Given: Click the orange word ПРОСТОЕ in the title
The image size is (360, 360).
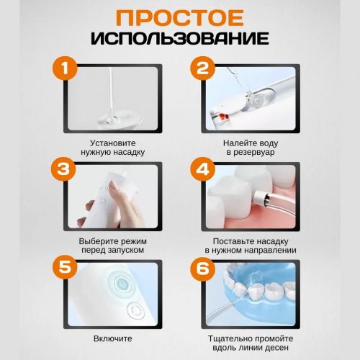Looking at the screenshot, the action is [x=180, y=18].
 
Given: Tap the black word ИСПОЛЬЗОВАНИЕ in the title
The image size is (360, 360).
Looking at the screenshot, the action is [x=180, y=37].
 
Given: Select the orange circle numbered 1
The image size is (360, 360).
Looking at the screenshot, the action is [x=65, y=68].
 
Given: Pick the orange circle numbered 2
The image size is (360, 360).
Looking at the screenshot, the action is [x=203, y=68].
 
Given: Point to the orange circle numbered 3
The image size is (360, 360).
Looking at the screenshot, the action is [x=63, y=169].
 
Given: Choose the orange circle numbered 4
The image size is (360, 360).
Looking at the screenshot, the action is [x=203, y=169].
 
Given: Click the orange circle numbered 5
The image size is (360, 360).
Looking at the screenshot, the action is [x=65, y=267].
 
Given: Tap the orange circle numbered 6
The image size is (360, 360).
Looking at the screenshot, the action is [x=203, y=269].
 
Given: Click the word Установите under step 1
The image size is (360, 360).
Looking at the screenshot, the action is [x=113, y=143].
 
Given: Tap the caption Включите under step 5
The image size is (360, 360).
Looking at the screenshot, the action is [x=113, y=338].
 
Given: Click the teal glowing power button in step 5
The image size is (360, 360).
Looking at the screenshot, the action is [x=122, y=284].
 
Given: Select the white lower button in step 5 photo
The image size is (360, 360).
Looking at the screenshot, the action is [x=135, y=310].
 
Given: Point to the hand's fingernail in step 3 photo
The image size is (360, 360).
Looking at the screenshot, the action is [x=112, y=185].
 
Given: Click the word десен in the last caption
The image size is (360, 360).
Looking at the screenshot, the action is [x=278, y=348].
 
